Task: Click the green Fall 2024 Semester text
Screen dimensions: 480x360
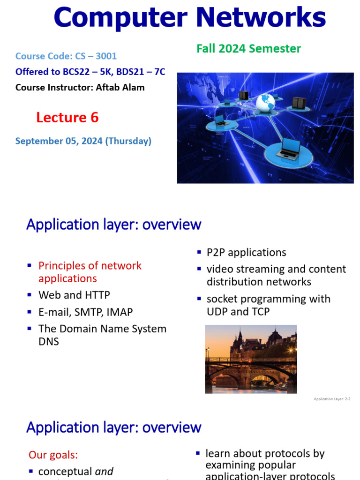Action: point(248,49)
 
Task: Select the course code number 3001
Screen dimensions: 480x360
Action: point(106,56)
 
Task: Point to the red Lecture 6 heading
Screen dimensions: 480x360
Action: point(67,118)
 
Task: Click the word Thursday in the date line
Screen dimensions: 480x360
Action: point(128,141)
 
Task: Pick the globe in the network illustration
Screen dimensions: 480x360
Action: point(265,103)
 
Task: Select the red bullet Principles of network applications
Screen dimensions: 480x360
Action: point(90,272)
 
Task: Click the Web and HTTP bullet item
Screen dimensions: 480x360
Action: point(74,295)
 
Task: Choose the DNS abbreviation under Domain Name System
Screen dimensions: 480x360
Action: point(49,341)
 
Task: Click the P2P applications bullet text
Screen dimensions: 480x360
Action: point(246,253)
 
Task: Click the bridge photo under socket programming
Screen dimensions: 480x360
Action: point(251,359)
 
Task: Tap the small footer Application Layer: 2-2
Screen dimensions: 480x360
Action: point(332,399)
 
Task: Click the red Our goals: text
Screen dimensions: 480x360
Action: point(53,455)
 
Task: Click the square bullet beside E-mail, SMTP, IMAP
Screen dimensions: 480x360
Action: point(30,312)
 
